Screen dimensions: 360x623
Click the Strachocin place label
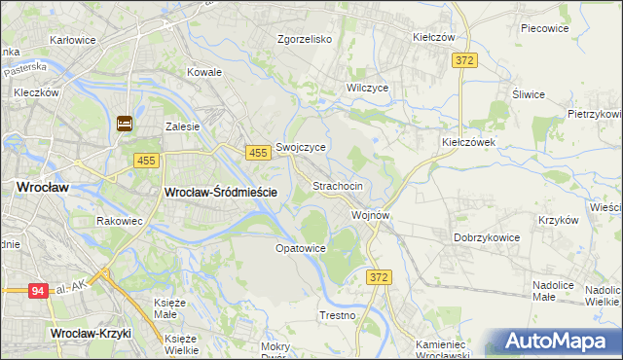tap(338, 186)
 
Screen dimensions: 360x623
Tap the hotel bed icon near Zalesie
tap(126, 124)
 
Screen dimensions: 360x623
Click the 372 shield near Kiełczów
tap(464, 60)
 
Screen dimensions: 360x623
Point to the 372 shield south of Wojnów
tap(381, 277)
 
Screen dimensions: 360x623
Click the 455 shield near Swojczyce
tap(258, 153)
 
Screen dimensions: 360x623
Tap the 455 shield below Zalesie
tap(146, 161)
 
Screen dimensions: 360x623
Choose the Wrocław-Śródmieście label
tap(221, 193)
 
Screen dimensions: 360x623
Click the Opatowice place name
tap(299, 249)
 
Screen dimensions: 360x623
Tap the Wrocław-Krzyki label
tap(90, 333)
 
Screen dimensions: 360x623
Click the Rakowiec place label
tap(121, 221)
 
